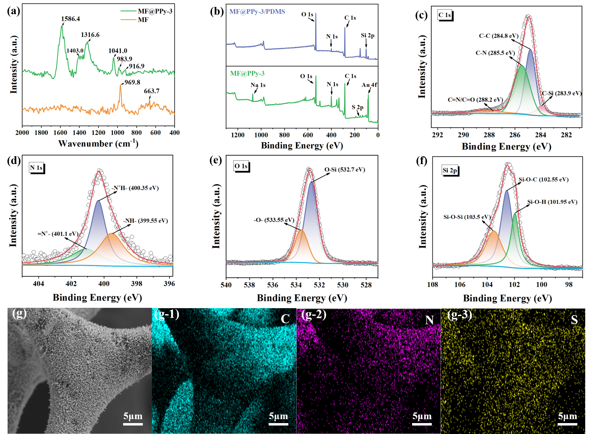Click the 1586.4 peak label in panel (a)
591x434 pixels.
click(x=70, y=19)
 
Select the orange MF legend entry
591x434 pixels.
click(x=143, y=20)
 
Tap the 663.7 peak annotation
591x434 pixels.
click(x=152, y=91)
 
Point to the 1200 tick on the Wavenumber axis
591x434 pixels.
click(x=98, y=133)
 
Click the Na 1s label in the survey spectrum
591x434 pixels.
click(x=258, y=85)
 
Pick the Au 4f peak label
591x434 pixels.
click(x=369, y=85)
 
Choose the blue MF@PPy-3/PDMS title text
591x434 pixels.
click(x=257, y=12)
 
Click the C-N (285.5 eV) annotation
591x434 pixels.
click(x=495, y=53)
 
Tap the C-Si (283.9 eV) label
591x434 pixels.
click(x=562, y=93)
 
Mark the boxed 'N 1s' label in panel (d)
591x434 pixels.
click(x=36, y=168)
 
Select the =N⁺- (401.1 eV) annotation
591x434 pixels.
click(x=58, y=234)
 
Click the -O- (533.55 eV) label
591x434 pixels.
click(x=274, y=220)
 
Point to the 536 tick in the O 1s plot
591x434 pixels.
click(x=273, y=285)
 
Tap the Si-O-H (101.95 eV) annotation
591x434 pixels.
click(x=552, y=202)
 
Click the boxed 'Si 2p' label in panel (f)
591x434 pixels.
click(x=450, y=170)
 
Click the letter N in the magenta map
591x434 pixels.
click(x=429, y=320)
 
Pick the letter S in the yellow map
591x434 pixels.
click(x=574, y=320)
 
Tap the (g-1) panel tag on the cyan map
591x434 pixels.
click(x=167, y=314)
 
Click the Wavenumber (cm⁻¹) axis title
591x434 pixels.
click(x=98, y=143)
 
